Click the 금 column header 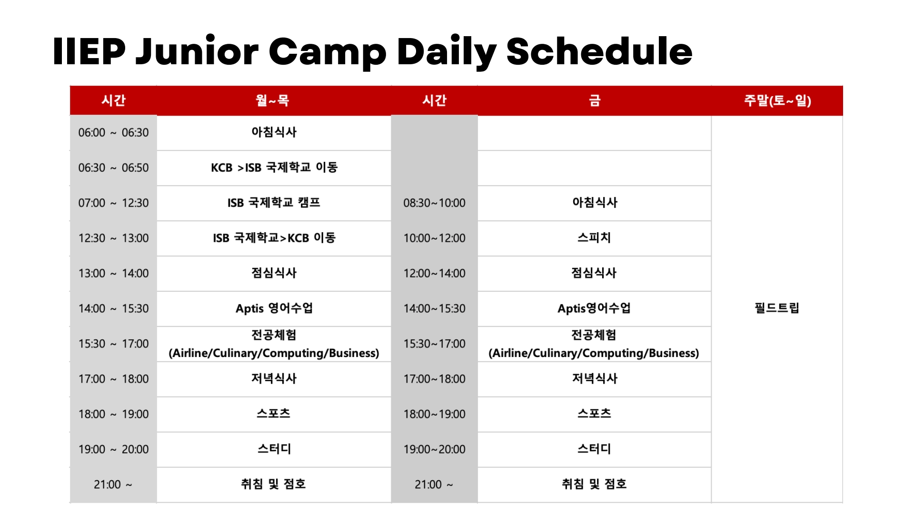click(595, 100)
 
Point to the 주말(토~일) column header click(777, 100)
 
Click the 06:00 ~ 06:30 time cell click(113, 133)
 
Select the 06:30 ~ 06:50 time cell click(113, 168)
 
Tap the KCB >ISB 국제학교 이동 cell click(274, 168)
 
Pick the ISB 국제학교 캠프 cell click(274, 203)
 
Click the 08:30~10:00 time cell click(434, 203)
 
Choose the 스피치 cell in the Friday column click(594, 237)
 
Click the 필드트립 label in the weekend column click(777, 308)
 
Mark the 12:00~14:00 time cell click(434, 274)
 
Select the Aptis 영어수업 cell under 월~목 click(274, 308)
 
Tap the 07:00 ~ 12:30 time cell click(113, 203)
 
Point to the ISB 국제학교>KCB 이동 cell click(274, 238)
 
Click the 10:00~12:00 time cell click(434, 238)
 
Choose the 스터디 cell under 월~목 click(274, 449)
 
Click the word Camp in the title click(328, 52)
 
